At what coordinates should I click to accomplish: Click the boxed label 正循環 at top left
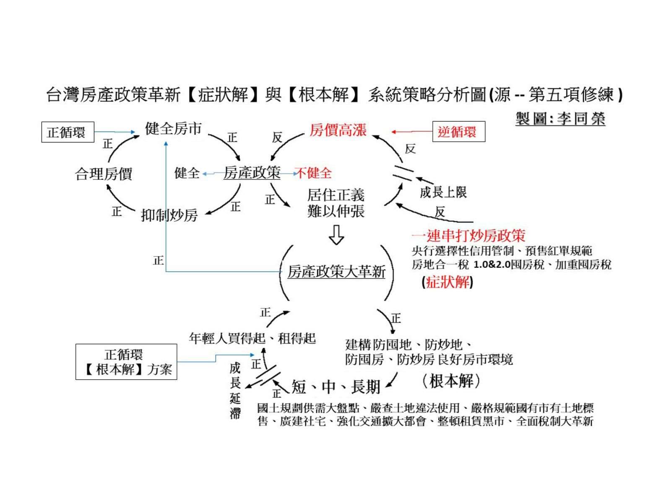68,132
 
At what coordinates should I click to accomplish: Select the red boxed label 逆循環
458,132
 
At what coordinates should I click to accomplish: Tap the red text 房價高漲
338,130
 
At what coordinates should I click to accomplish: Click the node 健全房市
173,128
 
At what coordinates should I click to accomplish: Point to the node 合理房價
104,174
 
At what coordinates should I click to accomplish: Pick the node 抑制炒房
169,215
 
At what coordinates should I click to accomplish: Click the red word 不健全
314,173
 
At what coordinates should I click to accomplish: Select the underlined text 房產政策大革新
336,272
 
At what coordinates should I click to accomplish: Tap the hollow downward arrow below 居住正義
336,235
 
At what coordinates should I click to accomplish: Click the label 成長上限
443,192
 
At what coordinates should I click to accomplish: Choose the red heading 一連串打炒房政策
468,236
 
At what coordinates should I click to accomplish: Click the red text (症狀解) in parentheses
447,282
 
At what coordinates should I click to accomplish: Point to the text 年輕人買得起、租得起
252,338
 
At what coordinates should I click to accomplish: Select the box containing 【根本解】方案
126,362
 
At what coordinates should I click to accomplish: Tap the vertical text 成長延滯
235,390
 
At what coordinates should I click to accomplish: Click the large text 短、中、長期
335,387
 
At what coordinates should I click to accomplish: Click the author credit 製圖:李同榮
560,119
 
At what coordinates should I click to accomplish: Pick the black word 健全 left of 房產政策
187,173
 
